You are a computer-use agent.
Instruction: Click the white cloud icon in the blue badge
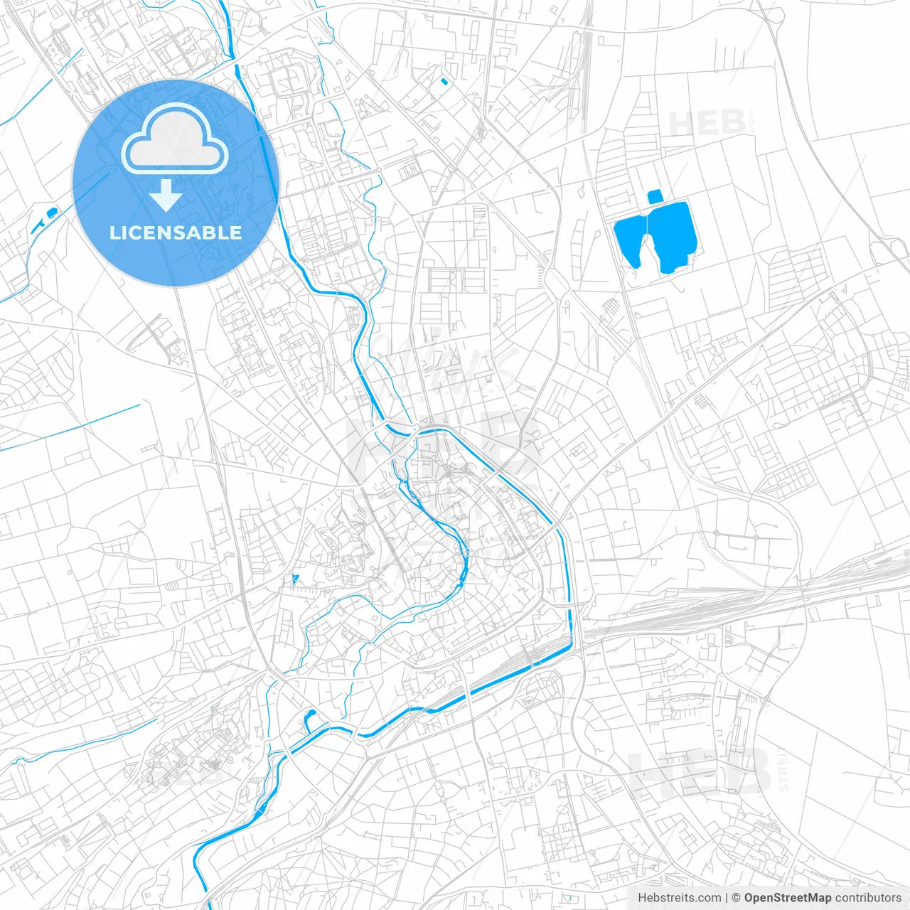pyautogui.click(x=175, y=140)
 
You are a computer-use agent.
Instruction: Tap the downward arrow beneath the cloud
pyautogui.click(x=166, y=196)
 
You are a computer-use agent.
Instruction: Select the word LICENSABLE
pyautogui.click(x=176, y=232)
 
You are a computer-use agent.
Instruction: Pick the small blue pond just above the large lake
pyautogui.click(x=655, y=196)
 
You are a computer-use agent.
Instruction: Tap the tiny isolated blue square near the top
pyautogui.click(x=444, y=81)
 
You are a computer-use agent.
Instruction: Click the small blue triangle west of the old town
pyautogui.click(x=294, y=579)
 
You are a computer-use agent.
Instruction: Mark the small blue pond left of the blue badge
pyautogui.click(x=50, y=212)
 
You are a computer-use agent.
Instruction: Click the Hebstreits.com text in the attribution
pyautogui.click(x=679, y=898)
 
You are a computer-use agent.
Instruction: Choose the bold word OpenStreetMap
pyautogui.click(x=788, y=898)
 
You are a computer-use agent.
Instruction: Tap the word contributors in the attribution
pyautogui.click(x=868, y=898)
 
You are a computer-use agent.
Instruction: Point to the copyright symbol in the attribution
pyautogui.click(x=737, y=898)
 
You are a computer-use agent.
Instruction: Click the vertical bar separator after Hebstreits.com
pyautogui.click(x=727, y=898)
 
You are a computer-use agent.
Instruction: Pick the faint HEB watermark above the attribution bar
pyautogui.click(x=700, y=771)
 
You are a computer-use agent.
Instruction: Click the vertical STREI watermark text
pyautogui.click(x=783, y=768)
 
